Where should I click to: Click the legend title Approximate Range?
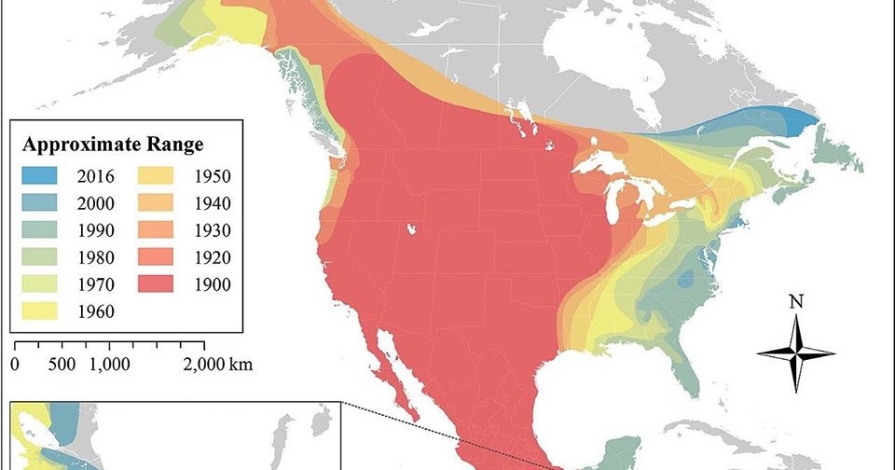[x=113, y=145]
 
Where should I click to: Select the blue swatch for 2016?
[x=40, y=174]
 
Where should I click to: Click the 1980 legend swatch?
[x=40, y=256]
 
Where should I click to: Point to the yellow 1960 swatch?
[x=40, y=311]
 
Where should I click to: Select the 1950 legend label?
[x=213, y=174]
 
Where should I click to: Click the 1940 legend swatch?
[x=158, y=202]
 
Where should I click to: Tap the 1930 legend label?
[x=213, y=229]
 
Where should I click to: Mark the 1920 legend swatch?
[x=158, y=256]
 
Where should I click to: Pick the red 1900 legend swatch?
[x=158, y=283]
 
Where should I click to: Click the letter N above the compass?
[x=795, y=301]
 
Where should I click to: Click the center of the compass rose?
[x=795, y=352]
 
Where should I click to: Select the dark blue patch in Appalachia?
[x=688, y=278]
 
